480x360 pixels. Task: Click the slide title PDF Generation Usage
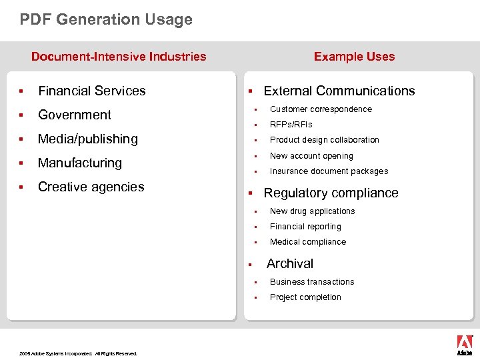coord(106,19)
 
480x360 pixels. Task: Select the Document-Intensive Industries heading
coord(119,57)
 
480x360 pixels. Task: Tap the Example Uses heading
coord(354,57)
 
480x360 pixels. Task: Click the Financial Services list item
coord(91,91)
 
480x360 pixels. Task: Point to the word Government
coord(75,115)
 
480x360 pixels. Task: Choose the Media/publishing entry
coord(88,139)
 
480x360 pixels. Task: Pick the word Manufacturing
coord(80,163)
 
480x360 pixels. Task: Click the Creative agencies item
coord(91,187)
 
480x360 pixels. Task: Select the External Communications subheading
coord(339,91)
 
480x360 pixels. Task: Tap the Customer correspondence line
coord(321,109)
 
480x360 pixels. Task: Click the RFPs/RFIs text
coord(291,125)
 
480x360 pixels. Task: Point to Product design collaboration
coord(324,140)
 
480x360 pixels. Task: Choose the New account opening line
coord(311,156)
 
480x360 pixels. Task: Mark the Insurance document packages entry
coord(329,171)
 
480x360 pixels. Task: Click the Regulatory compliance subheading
coord(331,193)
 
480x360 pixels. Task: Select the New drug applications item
coord(312,211)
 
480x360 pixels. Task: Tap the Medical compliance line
coord(307,242)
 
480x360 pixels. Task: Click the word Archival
coord(290,263)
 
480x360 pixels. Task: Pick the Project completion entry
coord(305,297)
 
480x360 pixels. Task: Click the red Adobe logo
coord(464,344)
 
